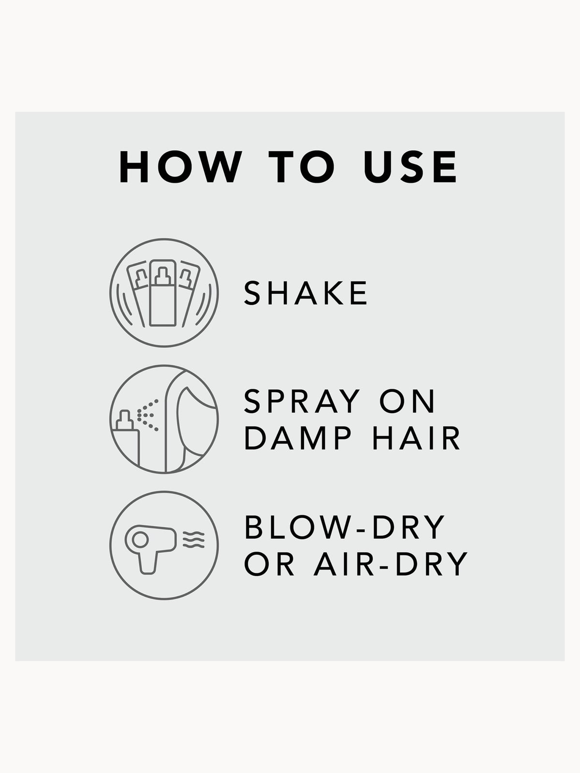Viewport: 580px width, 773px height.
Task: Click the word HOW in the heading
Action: (181, 167)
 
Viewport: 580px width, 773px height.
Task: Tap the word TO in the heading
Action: (302, 167)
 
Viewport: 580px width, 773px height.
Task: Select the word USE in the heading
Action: (410, 167)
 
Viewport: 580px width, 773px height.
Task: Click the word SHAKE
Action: (305, 293)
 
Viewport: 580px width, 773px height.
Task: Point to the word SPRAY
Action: (302, 401)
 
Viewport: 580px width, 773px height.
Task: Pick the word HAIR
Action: (416, 438)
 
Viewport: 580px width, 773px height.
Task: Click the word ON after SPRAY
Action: (407, 401)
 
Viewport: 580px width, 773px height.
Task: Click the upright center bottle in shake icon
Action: (163, 293)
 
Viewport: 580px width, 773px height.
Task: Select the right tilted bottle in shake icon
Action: (189, 293)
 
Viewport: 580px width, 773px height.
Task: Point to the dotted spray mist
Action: (147, 415)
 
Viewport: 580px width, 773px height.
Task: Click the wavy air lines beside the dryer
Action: (193, 540)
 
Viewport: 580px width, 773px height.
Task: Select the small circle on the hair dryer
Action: (140, 540)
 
